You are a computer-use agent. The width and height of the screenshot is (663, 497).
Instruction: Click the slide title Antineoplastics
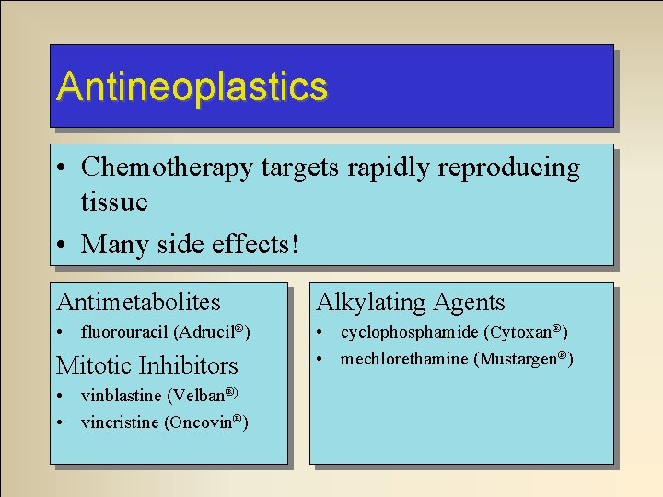(x=192, y=87)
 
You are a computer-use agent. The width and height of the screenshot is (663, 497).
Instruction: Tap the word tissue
(x=114, y=201)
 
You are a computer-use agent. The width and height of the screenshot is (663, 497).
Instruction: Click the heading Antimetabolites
(x=139, y=302)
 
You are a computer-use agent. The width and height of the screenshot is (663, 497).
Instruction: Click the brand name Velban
(x=198, y=397)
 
